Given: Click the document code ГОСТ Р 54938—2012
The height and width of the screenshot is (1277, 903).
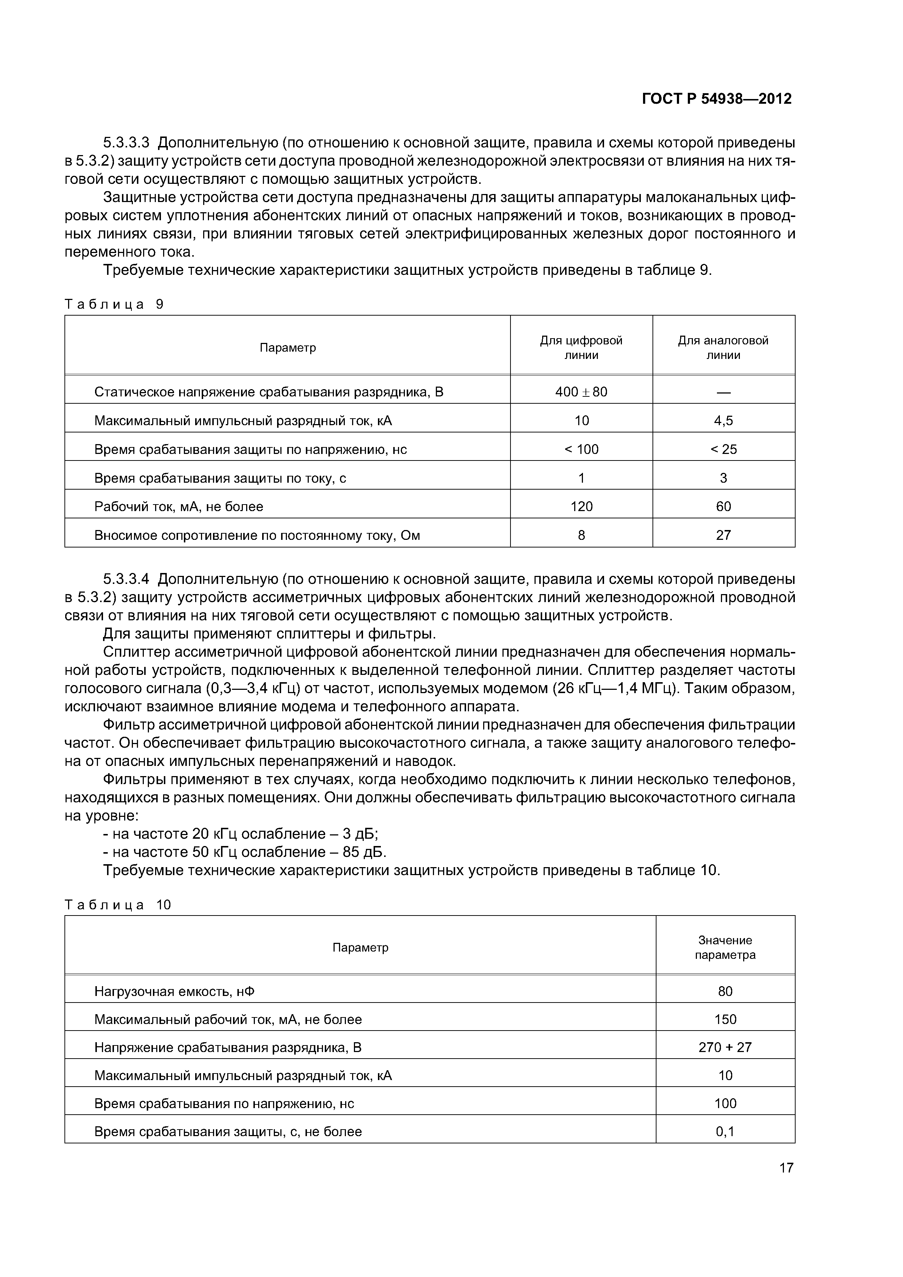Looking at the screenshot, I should click(x=717, y=99).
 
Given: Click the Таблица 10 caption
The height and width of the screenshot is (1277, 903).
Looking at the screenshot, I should click(x=118, y=905).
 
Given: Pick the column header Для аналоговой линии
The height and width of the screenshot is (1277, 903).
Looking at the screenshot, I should click(x=723, y=348).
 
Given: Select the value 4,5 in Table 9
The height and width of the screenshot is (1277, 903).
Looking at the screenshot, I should click(x=723, y=420).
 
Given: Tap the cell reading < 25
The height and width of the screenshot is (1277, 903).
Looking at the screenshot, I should click(x=723, y=450).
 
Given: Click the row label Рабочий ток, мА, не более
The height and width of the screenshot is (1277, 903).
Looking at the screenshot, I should click(x=178, y=507).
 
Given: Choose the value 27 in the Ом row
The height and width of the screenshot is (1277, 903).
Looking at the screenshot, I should click(x=723, y=535).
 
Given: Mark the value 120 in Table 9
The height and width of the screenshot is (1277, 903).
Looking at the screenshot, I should click(x=581, y=507).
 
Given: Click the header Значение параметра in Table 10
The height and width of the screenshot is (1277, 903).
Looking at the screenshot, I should click(x=725, y=947).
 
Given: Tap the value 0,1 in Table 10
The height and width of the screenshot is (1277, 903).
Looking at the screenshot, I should click(x=725, y=1132).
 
